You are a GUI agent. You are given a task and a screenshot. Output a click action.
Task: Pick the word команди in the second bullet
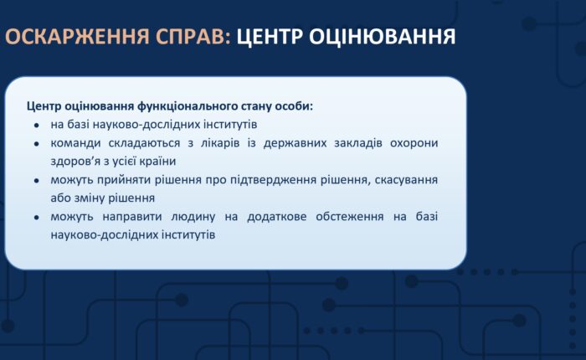75,143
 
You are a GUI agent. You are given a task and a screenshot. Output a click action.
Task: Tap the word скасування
407,180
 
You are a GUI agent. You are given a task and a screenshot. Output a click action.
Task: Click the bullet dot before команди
36,144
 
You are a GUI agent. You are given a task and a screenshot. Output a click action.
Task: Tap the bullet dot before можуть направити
36,218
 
